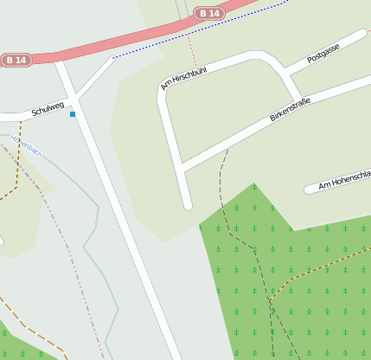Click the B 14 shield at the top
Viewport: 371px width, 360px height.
(209, 13)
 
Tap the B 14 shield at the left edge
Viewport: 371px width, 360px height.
(15, 60)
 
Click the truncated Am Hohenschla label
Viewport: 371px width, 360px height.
(343, 182)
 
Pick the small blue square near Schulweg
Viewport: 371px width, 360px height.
(73, 114)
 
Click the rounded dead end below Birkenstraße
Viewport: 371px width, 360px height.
(188, 205)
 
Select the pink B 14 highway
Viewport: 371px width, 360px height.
(130, 37)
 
